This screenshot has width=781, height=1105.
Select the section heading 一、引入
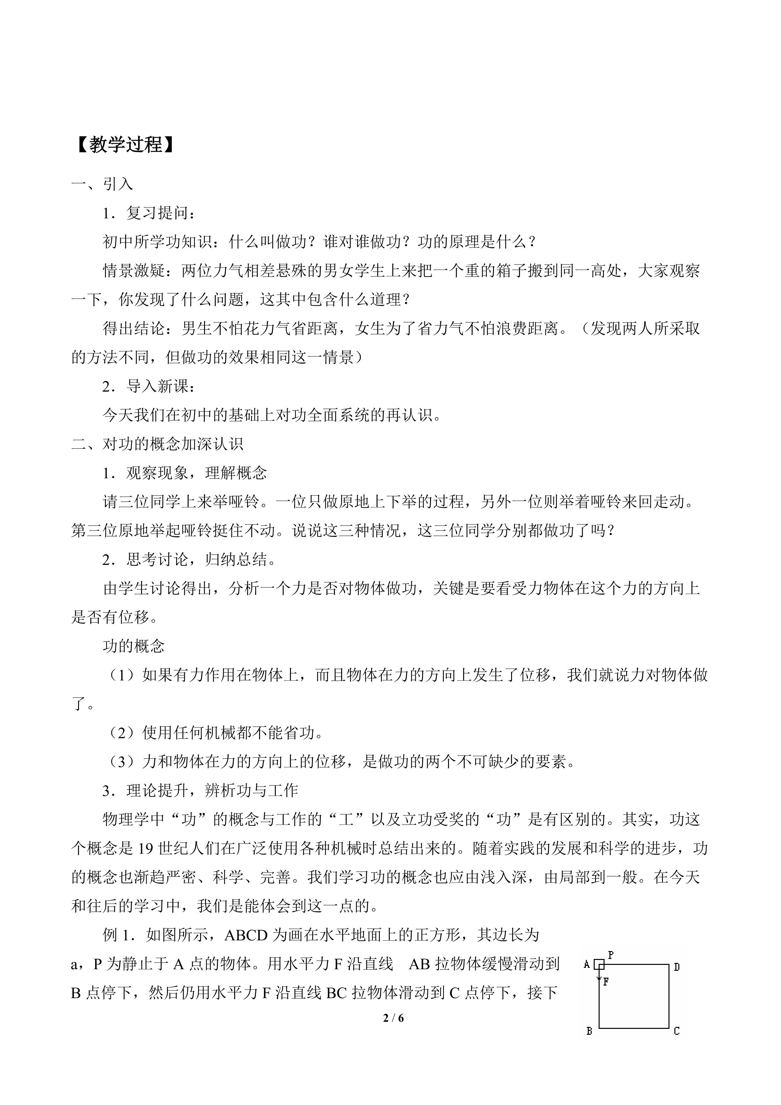[x=102, y=184]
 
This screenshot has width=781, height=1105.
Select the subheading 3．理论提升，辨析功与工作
[x=200, y=790]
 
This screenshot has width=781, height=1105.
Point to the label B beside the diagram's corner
[x=589, y=1031]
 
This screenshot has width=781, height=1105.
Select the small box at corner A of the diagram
[x=599, y=965]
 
